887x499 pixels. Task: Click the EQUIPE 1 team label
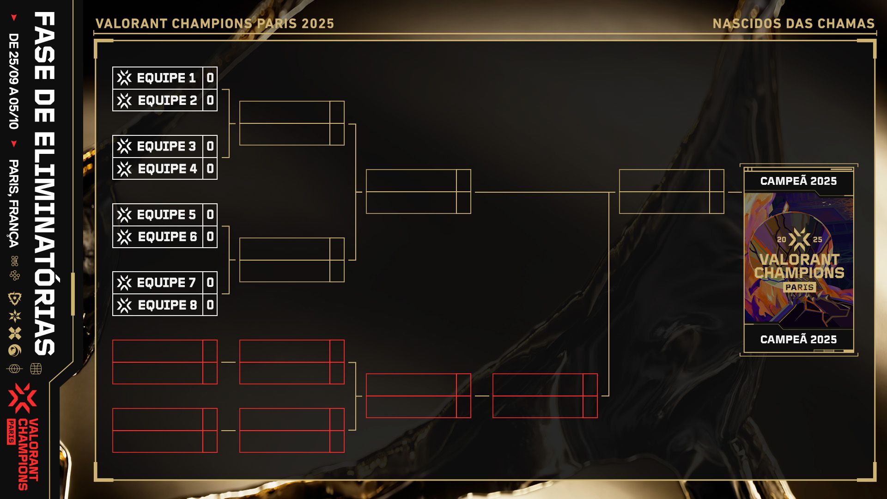coord(166,78)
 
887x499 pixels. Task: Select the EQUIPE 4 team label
coord(167,169)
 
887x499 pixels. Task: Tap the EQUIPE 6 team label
coord(167,237)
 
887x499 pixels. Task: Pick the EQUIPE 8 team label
coord(167,305)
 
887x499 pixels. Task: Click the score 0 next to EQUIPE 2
coord(210,100)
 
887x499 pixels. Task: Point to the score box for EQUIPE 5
coord(210,214)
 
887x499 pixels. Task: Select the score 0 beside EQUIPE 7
coord(210,282)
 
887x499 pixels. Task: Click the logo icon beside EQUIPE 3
coord(124,146)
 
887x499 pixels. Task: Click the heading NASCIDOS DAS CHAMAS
coord(794,24)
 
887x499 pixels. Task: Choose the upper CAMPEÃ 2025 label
coord(798,181)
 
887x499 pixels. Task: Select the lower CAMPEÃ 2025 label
coord(798,340)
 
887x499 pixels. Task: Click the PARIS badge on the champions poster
coord(799,287)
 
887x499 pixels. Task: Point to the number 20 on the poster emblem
coord(781,239)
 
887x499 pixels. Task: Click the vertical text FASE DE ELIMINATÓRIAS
coord(45,183)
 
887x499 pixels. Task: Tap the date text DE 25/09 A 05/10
coord(14,81)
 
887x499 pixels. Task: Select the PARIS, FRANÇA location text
coord(14,203)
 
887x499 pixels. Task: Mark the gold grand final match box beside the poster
coord(671,192)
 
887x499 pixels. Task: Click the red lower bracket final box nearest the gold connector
coord(545,396)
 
